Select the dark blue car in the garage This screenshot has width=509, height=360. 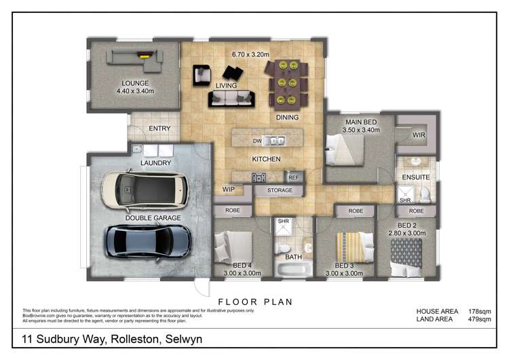pyautogui.click(x=147, y=240)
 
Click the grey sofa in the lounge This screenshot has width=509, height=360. pyautogui.click(x=133, y=64)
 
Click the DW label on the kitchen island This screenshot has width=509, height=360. pyautogui.click(x=257, y=141)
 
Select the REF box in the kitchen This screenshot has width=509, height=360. pyautogui.click(x=293, y=177)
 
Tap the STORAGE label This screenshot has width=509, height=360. pyautogui.click(x=280, y=191)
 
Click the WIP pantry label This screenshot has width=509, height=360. pyautogui.click(x=228, y=190)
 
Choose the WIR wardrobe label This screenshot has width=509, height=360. pyautogui.click(x=419, y=135)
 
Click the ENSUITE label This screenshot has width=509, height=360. pyautogui.click(x=416, y=177)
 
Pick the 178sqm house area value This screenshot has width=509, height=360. pyautogui.click(x=480, y=311)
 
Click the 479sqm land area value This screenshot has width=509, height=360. pyautogui.click(x=480, y=319)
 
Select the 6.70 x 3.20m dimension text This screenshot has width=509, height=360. pyautogui.click(x=250, y=54)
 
